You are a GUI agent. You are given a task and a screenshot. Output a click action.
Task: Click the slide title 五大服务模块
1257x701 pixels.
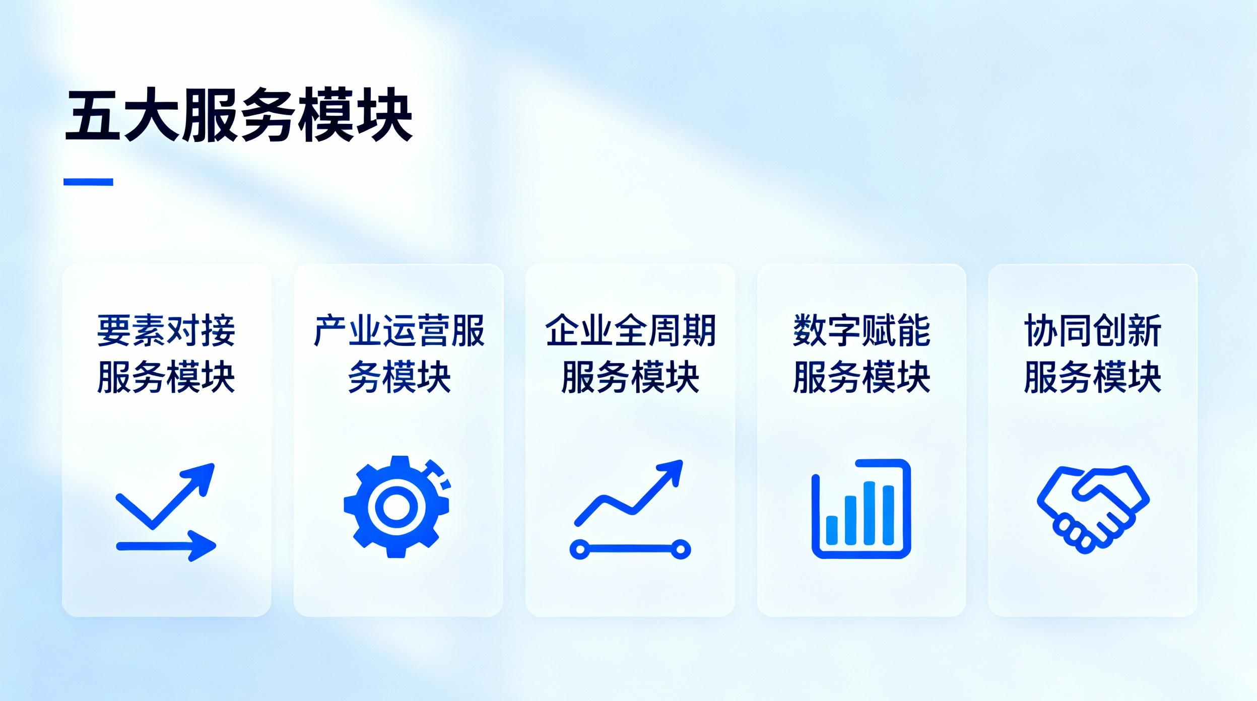click(x=239, y=115)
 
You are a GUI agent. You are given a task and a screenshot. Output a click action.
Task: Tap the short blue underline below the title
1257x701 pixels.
click(x=88, y=182)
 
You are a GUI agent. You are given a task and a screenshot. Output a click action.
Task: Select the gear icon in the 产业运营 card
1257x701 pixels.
click(x=397, y=507)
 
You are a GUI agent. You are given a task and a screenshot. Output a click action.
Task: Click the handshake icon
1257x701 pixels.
click(x=1093, y=509)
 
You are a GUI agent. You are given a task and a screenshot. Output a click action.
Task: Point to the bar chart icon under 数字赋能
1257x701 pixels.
click(x=861, y=509)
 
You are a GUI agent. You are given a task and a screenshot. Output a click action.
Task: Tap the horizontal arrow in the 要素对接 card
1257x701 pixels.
click(x=166, y=546)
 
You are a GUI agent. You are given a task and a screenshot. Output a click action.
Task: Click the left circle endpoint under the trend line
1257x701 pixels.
click(x=579, y=549)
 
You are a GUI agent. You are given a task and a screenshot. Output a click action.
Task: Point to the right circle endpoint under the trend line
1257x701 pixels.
click(x=680, y=549)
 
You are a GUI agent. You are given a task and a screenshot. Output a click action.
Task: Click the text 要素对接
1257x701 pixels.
click(x=166, y=331)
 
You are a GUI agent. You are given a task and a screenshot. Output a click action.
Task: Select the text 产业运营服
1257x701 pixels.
click(x=399, y=331)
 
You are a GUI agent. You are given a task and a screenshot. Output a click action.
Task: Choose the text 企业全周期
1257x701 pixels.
click(x=630, y=331)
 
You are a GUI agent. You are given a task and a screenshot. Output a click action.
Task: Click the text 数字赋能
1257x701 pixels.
click(x=862, y=331)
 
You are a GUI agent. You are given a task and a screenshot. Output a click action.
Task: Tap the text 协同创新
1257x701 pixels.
click(x=1093, y=331)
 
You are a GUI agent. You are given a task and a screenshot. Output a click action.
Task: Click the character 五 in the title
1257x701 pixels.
click(x=92, y=116)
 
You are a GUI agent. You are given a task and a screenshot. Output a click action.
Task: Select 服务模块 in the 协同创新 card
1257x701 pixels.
click(x=1093, y=377)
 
